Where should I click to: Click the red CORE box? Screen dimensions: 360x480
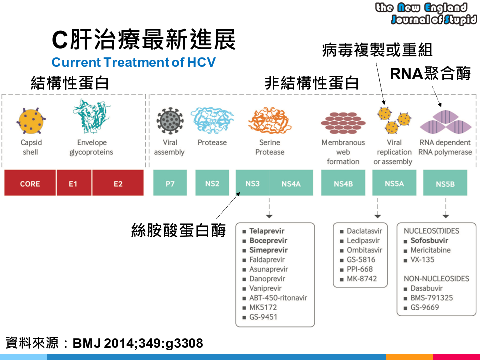[x=30, y=184]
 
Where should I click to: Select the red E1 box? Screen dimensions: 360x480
[x=73, y=184]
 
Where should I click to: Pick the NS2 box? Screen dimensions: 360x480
[x=212, y=184]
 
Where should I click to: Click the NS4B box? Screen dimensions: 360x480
[x=342, y=184]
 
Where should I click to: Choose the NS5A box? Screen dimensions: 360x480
[x=394, y=184]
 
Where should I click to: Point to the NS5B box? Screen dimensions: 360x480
[x=445, y=184]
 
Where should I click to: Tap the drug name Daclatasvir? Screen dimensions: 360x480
[x=364, y=231]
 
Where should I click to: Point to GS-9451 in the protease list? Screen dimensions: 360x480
[x=263, y=317]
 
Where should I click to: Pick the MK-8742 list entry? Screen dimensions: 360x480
[x=362, y=279]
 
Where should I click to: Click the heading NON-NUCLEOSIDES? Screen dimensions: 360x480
[x=436, y=279]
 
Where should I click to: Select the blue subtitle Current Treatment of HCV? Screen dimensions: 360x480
[x=133, y=63]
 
